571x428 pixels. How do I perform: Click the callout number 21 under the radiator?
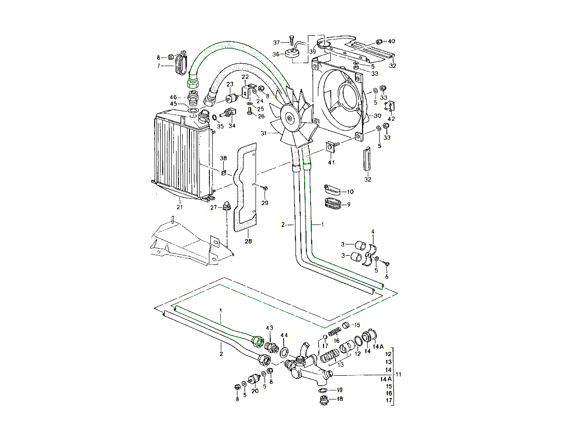(179, 207)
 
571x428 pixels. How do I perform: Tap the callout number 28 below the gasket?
(248, 242)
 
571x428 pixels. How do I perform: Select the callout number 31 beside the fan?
(263, 134)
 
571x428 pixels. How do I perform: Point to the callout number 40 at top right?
(392, 41)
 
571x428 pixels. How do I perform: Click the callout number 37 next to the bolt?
(276, 42)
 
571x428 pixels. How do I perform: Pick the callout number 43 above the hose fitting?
(270, 328)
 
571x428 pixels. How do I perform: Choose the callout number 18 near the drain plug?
(339, 399)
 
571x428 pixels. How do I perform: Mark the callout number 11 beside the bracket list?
(399, 374)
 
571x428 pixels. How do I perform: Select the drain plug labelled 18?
(324, 400)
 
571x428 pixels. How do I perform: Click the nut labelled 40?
(380, 41)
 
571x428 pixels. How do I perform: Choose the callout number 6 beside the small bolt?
(386, 276)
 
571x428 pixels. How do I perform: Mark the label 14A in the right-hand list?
(386, 379)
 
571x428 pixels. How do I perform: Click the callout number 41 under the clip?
(332, 163)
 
